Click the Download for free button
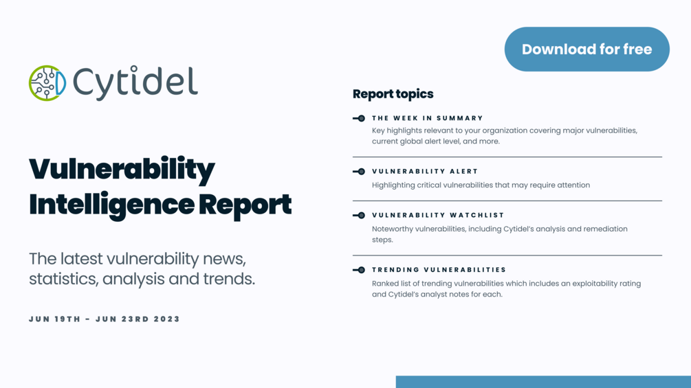click(586, 49)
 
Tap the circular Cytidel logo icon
click(47, 83)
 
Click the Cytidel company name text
click(135, 83)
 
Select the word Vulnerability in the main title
click(122, 170)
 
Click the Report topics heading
click(393, 94)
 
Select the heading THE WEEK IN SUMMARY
click(428, 118)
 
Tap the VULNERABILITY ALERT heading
click(425, 172)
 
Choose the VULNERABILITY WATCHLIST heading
click(438, 215)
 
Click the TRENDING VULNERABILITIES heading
click(439, 270)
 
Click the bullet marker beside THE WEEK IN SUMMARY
click(359, 118)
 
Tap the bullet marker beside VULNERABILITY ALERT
click(359, 172)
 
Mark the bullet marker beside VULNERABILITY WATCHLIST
click(359, 215)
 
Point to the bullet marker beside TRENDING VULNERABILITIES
click(359, 270)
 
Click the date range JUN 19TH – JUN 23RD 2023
click(105, 319)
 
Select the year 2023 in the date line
click(167, 319)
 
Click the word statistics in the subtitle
click(58, 279)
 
